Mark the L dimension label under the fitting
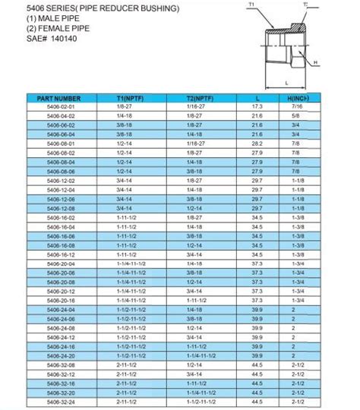pyautogui.click(x=285, y=81)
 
